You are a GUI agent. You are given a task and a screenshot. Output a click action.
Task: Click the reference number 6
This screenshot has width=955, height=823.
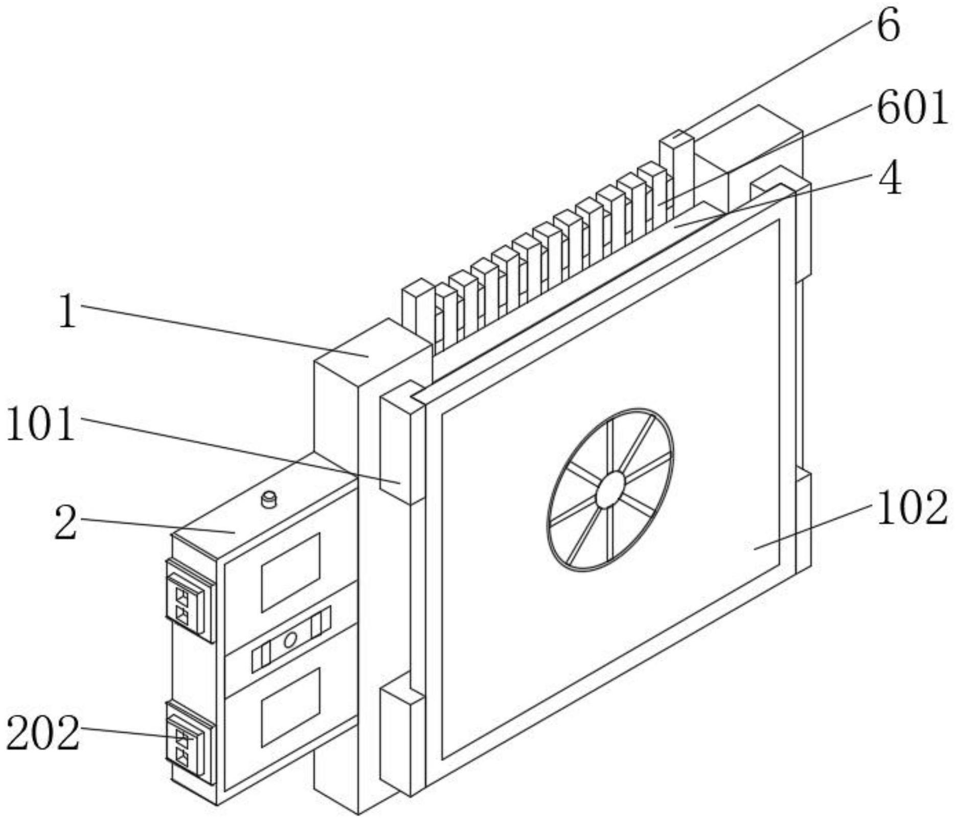pyautogui.click(x=889, y=27)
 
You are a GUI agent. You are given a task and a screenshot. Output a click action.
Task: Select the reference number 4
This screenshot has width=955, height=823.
pyautogui.click(x=890, y=180)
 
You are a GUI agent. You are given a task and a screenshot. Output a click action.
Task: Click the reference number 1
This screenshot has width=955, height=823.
pyautogui.click(x=67, y=311)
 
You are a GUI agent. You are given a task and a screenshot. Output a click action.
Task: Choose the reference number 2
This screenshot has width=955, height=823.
pyautogui.click(x=66, y=522)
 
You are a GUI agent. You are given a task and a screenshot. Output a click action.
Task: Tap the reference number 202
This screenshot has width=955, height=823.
pyautogui.click(x=43, y=733)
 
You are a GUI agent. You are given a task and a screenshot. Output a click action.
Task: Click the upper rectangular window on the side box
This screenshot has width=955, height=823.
pyautogui.click(x=290, y=572)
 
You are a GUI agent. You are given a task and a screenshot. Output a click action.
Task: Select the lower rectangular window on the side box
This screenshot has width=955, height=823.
pyautogui.click(x=290, y=706)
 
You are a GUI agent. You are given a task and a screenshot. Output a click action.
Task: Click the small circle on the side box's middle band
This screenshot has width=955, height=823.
pyautogui.click(x=290, y=639)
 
